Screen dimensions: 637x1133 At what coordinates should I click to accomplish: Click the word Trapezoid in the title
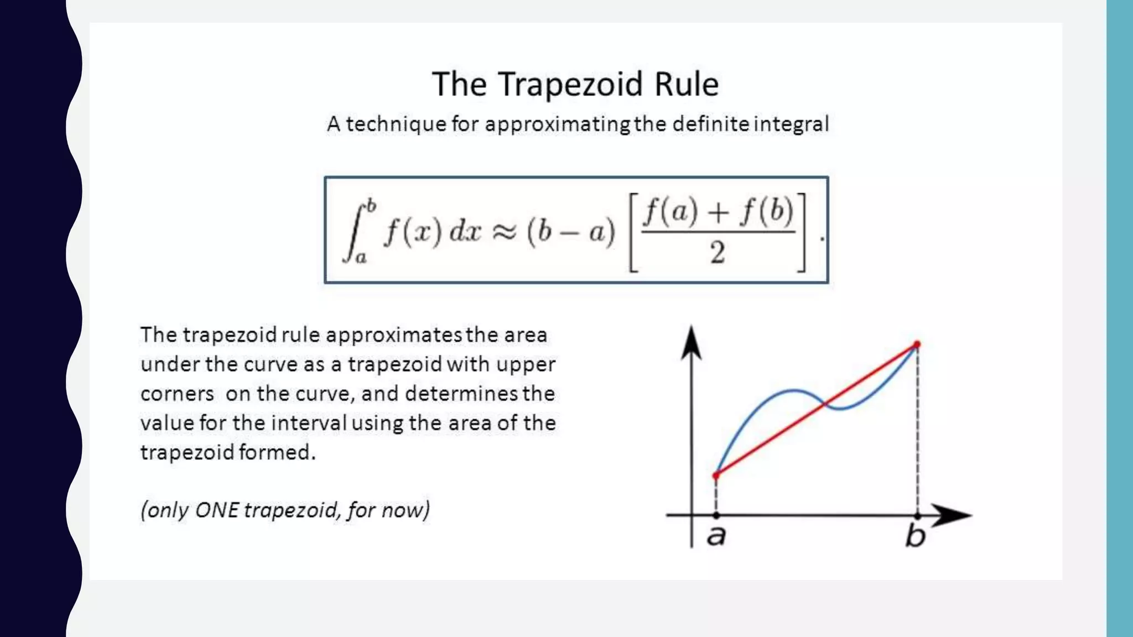click(570, 85)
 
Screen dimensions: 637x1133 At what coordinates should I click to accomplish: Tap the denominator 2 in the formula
click(718, 253)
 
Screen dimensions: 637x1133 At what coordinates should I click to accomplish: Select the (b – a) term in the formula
click(571, 232)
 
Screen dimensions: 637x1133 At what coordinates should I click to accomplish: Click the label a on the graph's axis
click(716, 535)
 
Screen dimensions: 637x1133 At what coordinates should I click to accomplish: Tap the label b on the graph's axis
click(916, 535)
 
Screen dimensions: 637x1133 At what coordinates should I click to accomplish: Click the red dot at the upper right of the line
click(917, 345)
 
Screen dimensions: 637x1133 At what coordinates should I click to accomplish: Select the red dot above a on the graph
click(716, 475)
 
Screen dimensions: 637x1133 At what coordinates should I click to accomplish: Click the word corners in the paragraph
click(177, 394)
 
